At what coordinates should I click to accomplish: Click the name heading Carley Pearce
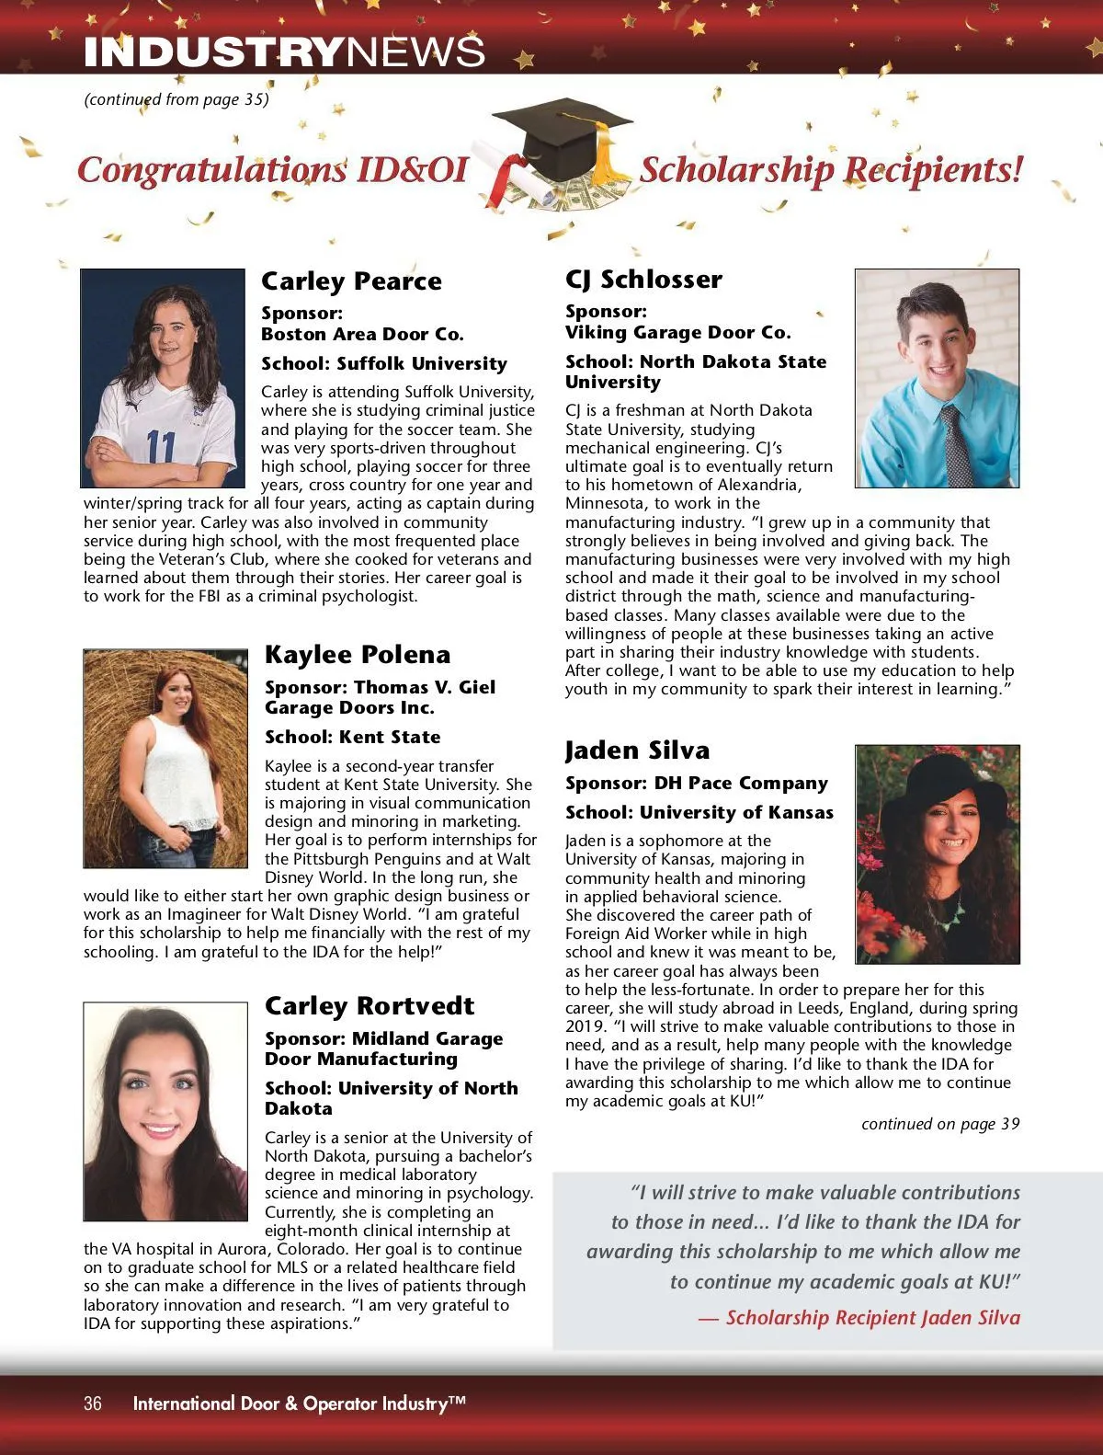point(351,281)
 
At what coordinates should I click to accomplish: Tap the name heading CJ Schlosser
point(643,280)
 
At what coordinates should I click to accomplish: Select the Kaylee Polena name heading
point(358,655)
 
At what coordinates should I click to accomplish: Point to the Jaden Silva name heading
point(637,750)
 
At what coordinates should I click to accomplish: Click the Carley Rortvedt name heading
point(370,1006)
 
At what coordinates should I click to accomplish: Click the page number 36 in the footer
point(93,1403)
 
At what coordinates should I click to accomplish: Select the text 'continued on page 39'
point(940,1124)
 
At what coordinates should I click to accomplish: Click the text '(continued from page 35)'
point(176,99)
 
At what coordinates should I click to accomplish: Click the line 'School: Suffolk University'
point(384,364)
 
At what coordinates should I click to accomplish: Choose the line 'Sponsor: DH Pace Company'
point(697,784)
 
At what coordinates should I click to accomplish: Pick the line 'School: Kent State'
point(353,738)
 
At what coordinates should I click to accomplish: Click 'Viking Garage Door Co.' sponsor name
point(677,333)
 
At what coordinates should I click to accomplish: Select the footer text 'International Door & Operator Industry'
point(299,1403)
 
